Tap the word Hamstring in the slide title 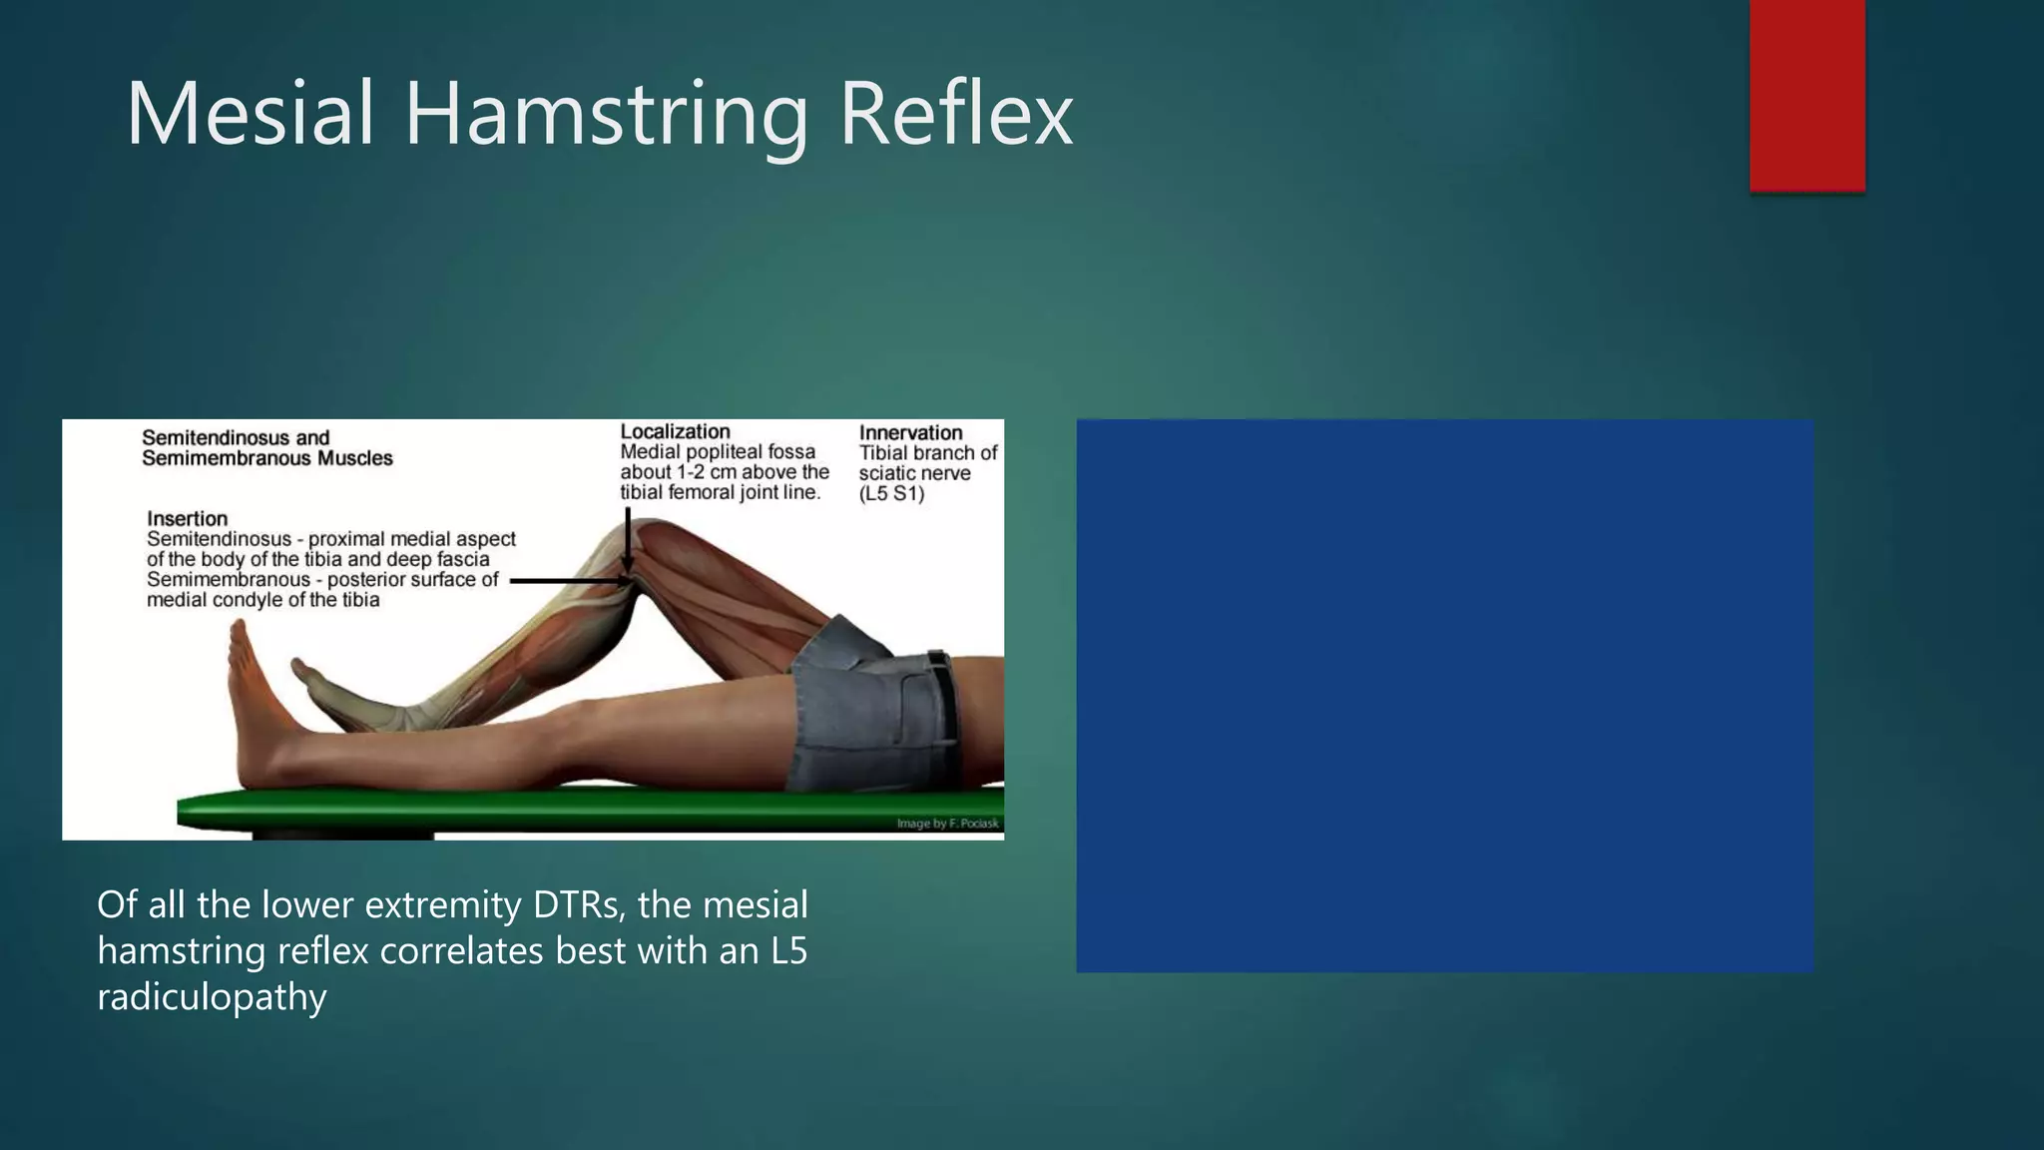(x=606, y=116)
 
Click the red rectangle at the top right (x=1806, y=95)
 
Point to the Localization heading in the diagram (x=675, y=431)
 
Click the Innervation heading (x=910, y=432)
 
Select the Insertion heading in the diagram (x=187, y=518)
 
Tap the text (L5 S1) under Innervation (x=891, y=493)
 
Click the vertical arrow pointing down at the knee (x=628, y=539)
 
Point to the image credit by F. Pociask (x=947, y=824)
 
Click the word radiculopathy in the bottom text (x=212, y=996)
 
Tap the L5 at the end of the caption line (x=788, y=950)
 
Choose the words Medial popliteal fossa (x=718, y=452)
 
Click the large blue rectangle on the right (x=1444, y=695)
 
